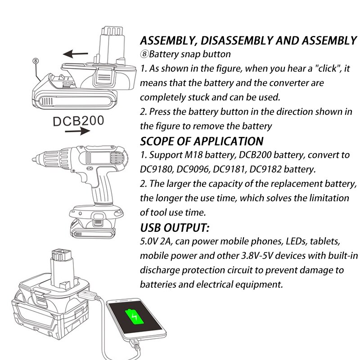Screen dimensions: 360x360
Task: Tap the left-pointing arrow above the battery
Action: (75, 54)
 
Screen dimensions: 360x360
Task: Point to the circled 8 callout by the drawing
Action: (36, 60)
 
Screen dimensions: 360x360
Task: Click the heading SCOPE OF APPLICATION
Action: (202, 141)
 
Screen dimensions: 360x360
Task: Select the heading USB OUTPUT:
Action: (175, 226)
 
